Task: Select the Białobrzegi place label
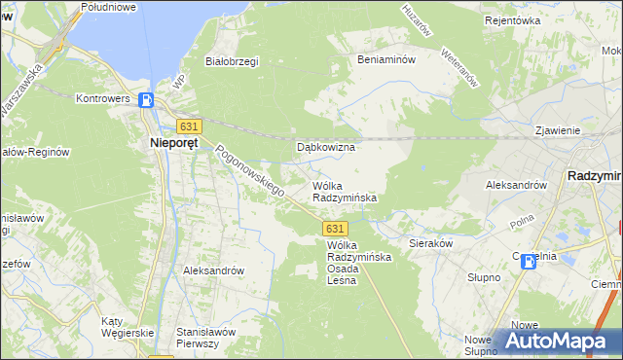point(231,61)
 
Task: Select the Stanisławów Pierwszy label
point(205,338)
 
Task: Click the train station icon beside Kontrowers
point(146,99)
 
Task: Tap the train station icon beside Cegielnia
point(529,261)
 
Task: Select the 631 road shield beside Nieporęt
point(189,126)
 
